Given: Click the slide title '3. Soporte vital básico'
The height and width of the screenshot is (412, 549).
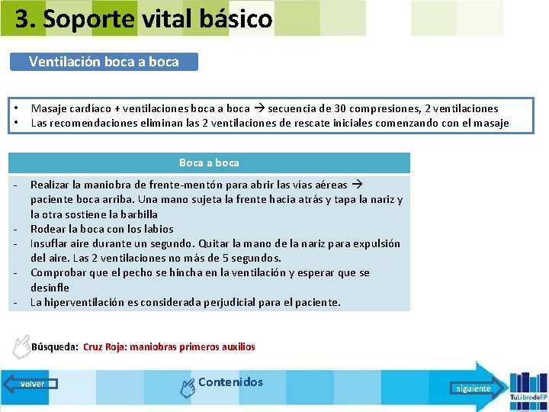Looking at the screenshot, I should [143, 19].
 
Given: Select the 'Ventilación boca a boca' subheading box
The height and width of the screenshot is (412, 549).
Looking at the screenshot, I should [104, 62].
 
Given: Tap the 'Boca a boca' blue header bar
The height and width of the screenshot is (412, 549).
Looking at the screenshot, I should [209, 163].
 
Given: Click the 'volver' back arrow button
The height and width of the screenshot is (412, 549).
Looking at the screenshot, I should [33, 384].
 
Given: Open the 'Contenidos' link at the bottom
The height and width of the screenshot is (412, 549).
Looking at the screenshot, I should [230, 382].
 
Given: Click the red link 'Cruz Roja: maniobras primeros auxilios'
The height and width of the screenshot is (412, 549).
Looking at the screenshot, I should [169, 347].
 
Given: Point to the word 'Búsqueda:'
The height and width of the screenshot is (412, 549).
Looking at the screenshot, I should [55, 347].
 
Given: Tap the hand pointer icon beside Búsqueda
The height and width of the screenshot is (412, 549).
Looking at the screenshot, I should [21, 347].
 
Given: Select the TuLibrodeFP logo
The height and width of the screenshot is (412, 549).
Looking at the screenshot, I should [527, 387].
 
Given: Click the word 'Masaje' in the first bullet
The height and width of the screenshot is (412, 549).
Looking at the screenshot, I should [48, 109].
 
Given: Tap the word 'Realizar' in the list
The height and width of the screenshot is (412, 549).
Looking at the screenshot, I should [50, 185].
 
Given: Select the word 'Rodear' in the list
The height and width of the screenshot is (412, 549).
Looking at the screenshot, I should [47, 229].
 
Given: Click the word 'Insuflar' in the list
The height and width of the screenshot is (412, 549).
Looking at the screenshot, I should [50, 243].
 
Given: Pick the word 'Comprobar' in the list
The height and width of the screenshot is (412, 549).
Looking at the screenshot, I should [56, 272].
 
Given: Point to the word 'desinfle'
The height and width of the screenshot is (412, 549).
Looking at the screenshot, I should [50, 288].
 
